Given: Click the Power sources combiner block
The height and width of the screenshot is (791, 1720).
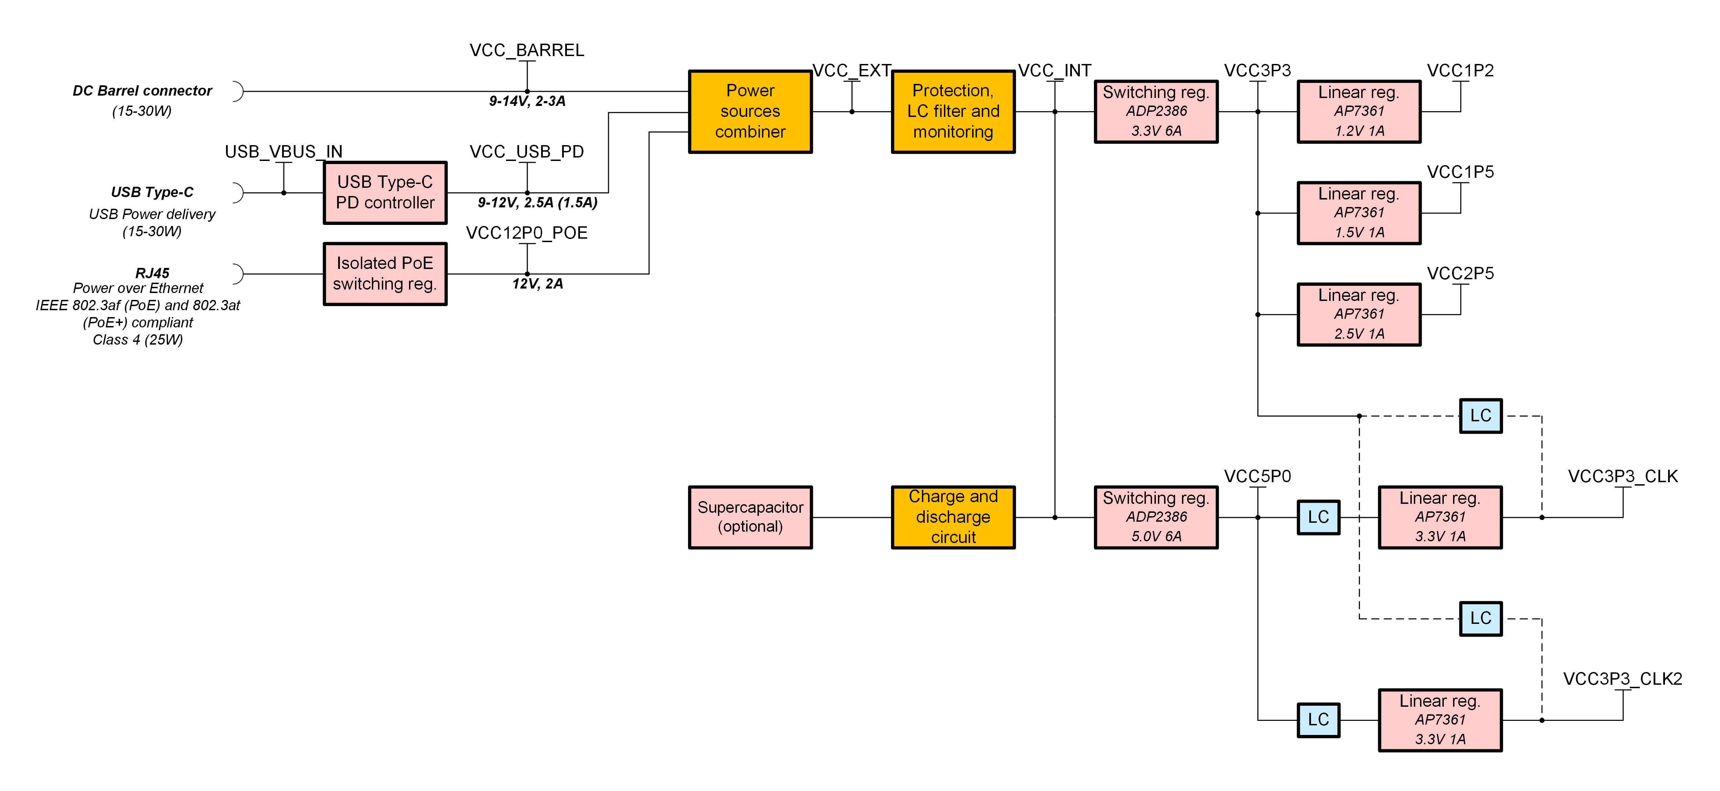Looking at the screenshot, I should [750, 111].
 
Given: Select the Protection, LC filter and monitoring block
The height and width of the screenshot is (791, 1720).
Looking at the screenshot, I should [953, 111].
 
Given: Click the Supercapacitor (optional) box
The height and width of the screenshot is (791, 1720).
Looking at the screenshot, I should [750, 517].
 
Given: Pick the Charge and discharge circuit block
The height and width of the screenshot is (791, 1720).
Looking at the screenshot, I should [953, 517].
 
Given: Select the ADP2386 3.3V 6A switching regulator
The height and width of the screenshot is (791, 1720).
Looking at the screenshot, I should [1156, 111].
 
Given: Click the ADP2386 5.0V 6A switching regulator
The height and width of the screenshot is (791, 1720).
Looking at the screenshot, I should [1156, 517].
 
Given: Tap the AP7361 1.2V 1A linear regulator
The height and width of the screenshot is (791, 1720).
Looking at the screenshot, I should [1359, 111].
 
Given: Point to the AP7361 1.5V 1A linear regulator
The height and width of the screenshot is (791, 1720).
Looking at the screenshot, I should [1359, 213].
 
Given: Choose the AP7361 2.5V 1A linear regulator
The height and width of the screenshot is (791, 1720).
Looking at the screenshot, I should [1359, 314].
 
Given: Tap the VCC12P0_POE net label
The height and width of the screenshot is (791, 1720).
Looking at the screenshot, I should [527, 233].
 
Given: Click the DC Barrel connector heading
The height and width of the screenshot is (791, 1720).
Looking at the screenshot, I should [142, 91].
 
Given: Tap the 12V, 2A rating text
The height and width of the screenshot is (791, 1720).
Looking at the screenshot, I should [537, 284].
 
